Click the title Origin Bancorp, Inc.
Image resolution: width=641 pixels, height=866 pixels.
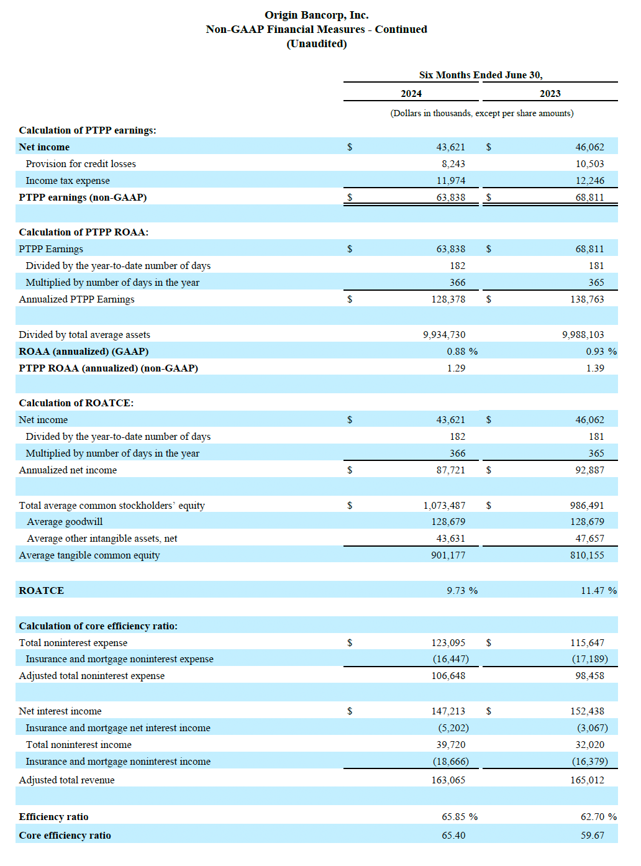316,16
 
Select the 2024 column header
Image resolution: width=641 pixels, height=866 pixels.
411,94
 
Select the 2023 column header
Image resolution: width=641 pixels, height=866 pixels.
550,94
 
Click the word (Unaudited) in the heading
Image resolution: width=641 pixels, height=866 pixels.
317,43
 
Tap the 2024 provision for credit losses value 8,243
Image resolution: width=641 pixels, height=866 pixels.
453,164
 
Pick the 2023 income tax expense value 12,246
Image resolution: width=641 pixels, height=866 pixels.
589,181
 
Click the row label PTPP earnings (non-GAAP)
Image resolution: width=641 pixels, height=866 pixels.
83,198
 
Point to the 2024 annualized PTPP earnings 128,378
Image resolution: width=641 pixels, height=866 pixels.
448,299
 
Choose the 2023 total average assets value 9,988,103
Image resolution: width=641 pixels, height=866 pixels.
583,335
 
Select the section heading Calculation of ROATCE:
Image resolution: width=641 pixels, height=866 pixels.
76,403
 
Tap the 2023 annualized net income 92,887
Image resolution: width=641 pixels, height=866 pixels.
589,470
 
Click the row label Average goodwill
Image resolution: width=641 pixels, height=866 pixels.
65,522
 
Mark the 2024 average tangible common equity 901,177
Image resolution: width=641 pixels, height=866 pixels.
448,555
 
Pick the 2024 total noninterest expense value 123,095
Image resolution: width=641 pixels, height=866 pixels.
448,643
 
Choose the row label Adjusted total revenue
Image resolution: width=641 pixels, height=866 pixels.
66,780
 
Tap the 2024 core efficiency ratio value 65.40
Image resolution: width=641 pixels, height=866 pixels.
453,836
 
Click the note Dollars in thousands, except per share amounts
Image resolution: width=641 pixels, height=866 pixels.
482,114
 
